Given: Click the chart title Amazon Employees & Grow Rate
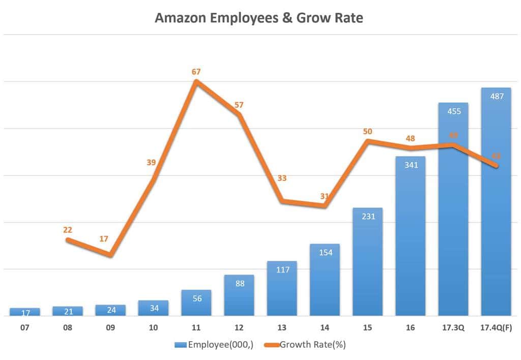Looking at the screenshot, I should tap(259, 18).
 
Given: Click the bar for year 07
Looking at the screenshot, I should tap(24, 312).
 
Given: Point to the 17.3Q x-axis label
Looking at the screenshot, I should tap(453, 328).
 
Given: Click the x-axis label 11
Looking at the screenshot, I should tap(196, 328).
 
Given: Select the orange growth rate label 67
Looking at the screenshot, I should tap(196, 72).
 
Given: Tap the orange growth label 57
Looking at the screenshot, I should tap(239, 105).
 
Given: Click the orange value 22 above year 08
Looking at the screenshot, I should tap(68, 230).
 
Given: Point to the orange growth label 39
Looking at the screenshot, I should tap(151, 163).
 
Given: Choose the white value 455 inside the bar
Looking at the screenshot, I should tap(453, 111).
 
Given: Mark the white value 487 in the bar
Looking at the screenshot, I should tap(496, 96).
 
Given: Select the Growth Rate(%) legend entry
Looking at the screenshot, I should tap(305, 345).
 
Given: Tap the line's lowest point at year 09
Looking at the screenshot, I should tap(111, 254).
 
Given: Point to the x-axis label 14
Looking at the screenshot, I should tap(325, 328).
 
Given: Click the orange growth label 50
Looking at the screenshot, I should tap(367, 131).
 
